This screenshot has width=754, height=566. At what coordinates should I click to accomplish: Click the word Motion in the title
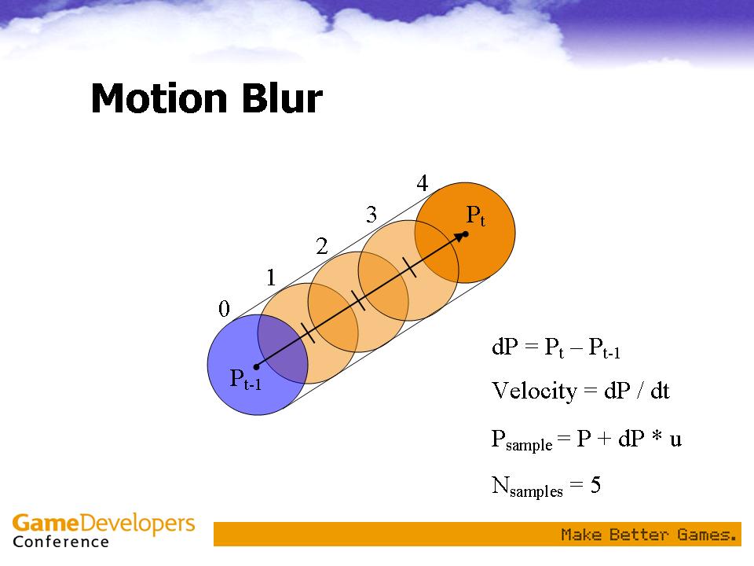coord(159,98)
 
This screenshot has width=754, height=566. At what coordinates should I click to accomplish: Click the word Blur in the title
coord(282,98)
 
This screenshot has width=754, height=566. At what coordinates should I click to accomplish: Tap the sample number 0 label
coord(224,308)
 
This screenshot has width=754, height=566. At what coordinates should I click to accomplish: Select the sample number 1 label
coord(271,277)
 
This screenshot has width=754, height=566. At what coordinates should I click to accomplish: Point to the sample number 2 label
coord(322,246)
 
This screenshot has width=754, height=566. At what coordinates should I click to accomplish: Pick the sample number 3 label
coord(372,214)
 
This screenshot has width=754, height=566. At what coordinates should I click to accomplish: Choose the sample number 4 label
coord(423,183)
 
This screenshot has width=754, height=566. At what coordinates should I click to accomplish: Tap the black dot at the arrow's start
coord(256,367)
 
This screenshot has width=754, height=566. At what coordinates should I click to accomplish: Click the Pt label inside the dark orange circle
coord(476,215)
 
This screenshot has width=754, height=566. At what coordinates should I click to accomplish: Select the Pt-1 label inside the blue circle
coord(246,379)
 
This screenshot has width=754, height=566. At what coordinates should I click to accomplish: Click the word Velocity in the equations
coord(534,391)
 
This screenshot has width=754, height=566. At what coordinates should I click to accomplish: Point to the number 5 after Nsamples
coord(595,485)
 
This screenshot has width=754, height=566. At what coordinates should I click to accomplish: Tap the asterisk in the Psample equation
coord(657,436)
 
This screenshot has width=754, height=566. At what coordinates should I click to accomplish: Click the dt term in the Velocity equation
coord(660,391)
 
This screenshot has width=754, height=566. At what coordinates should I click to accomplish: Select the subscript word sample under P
coord(529,445)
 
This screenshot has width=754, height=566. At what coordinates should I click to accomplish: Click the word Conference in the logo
coord(61,542)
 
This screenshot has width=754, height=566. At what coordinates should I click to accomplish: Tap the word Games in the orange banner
coord(707,535)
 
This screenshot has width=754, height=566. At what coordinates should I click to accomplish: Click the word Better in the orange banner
coord(639,535)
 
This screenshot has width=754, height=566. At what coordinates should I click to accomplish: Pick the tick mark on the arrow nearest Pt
coord(409,267)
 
